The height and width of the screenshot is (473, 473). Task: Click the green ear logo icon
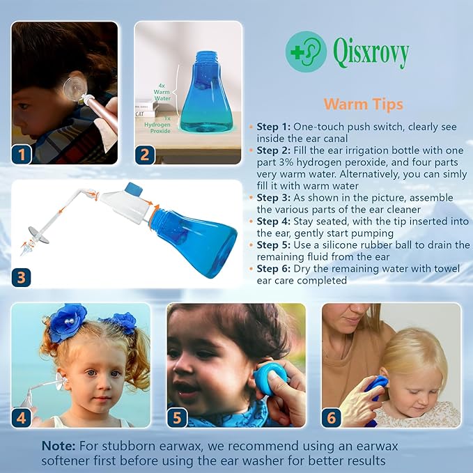click(x=305, y=52)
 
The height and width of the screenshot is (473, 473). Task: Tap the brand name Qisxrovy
click(x=371, y=52)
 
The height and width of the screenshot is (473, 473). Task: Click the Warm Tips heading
click(x=363, y=104)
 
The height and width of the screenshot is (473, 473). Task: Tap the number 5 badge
click(x=178, y=417)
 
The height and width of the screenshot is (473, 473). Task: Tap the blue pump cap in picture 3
click(x=134, y=189)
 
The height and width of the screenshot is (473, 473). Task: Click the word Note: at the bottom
click(x=59, y=445)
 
